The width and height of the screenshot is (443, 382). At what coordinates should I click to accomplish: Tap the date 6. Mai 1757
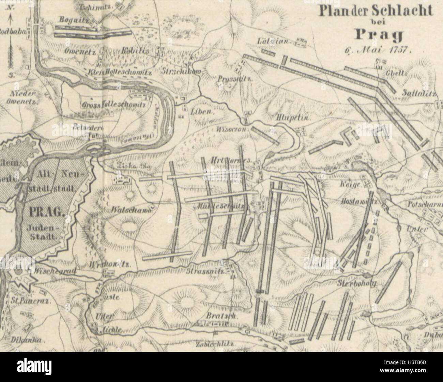pyautogui.click(x=378, y=49)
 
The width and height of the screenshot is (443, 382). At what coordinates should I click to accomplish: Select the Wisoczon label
pyautogui.click(x=233, y=129)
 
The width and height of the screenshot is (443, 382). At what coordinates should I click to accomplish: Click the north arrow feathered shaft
pyautogui.click(x=12, y=50)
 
